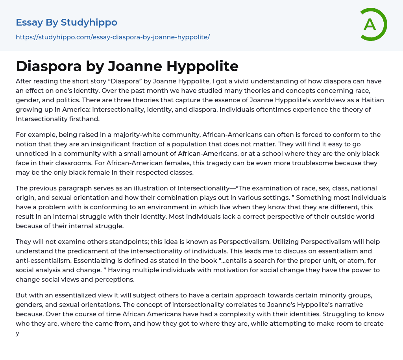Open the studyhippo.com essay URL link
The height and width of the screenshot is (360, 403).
tap(113, 37)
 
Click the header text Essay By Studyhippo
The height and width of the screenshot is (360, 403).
tap(67, 22)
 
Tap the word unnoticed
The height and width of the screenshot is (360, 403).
tap(34, 153)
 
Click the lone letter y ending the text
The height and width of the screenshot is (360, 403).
tap(17, 333)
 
